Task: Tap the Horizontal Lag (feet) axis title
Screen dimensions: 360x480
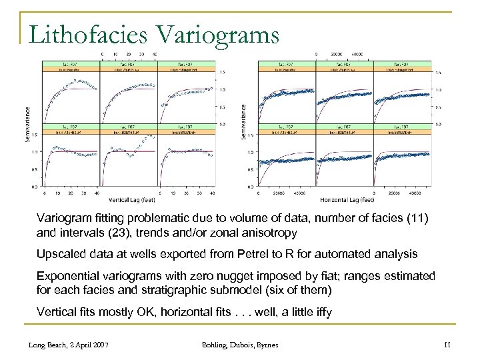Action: [347, 199]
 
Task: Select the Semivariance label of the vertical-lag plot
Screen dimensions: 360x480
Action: [28, 125]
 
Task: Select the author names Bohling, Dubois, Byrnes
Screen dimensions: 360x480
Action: [239, 345]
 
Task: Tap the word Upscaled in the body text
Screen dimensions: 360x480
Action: [59, 254]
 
